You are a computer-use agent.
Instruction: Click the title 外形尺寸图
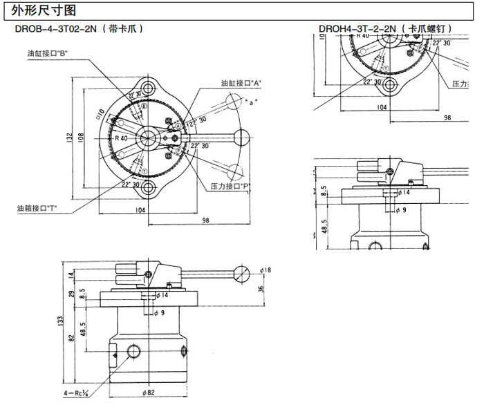(40, 9)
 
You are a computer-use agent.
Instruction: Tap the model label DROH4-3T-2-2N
(357, 29)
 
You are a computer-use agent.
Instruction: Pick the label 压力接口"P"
(230, 187)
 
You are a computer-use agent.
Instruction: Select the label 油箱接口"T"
(37, 207)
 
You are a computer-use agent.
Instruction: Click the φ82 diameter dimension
(149, 394)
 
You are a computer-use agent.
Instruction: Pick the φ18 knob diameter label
(266, 270)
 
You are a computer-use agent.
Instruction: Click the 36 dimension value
(261, 289)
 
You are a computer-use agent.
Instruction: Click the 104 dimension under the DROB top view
(140, 209)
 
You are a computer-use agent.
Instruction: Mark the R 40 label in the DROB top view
(122, 138)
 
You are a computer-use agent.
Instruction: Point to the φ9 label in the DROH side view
(400, 209)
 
